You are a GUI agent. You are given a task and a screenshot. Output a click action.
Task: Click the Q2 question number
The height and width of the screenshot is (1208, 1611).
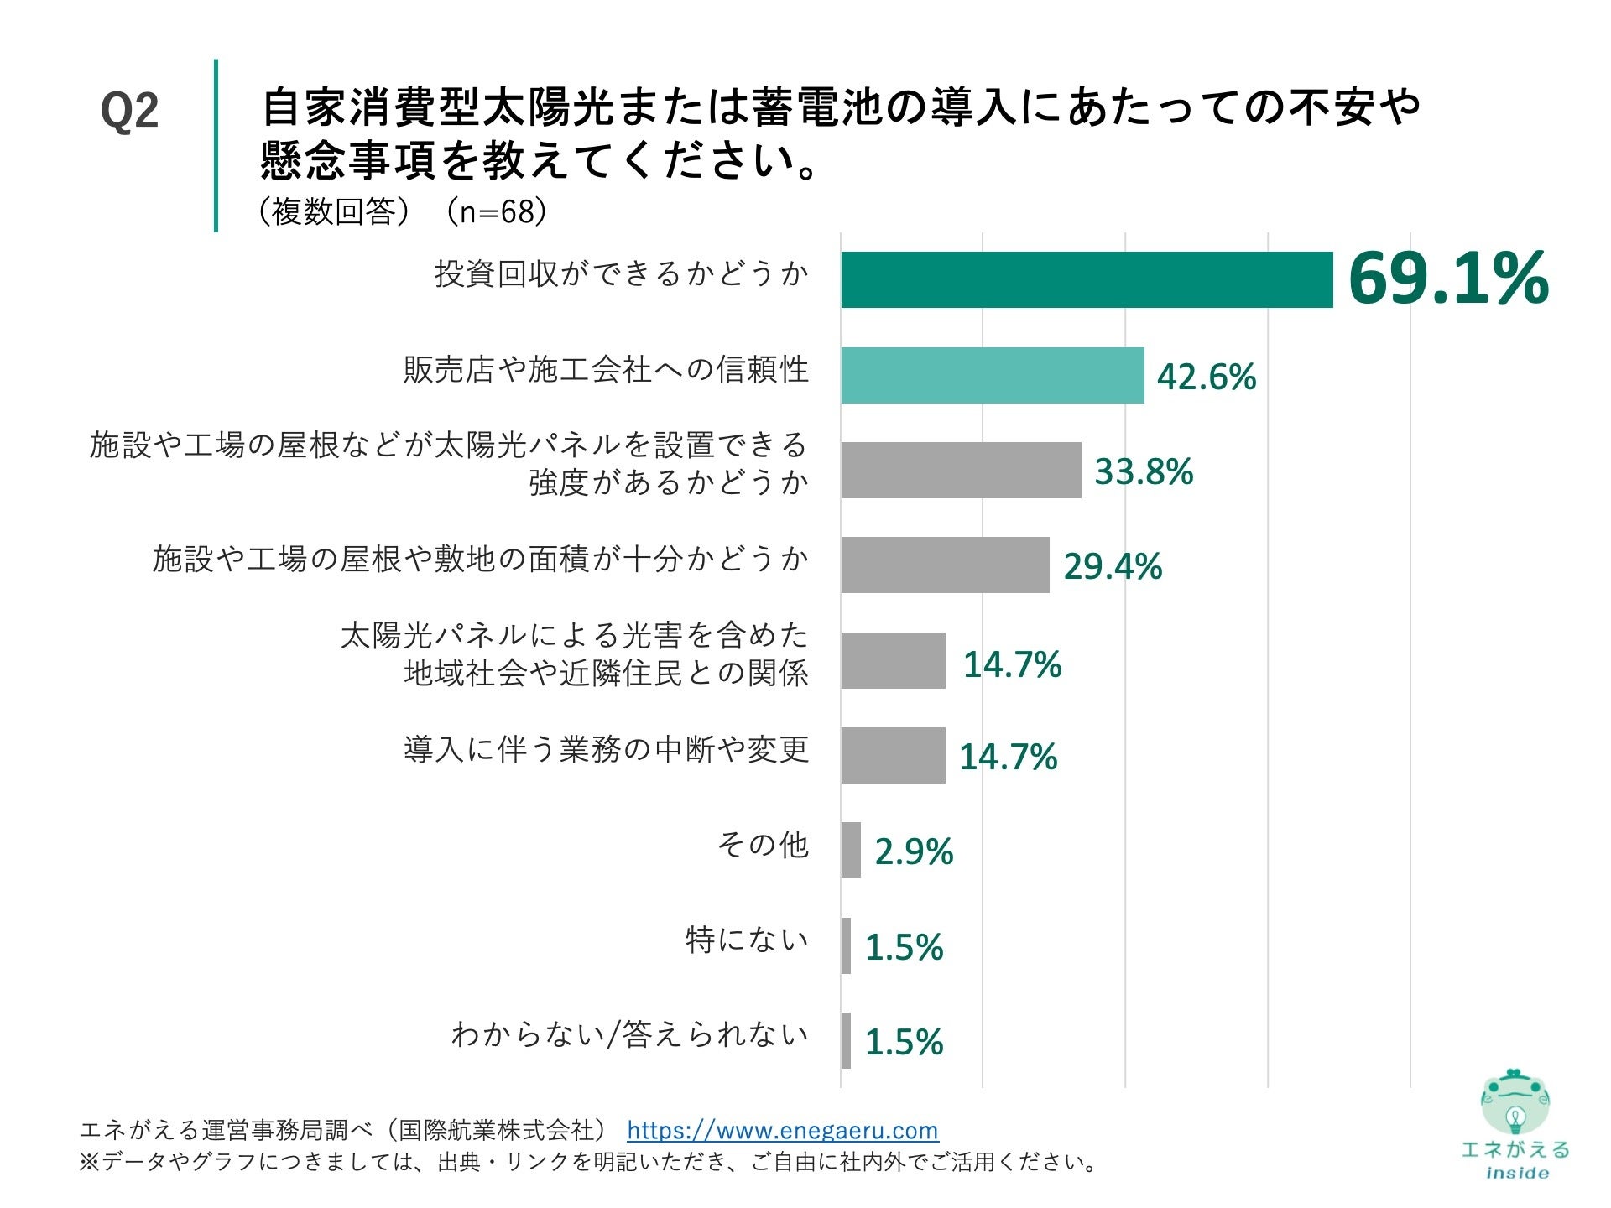click(129, 112)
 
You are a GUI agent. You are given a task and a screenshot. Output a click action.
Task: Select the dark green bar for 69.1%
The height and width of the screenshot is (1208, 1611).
click(1087, 279)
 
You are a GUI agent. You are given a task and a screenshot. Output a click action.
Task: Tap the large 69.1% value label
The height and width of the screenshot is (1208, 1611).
click(1447, 279)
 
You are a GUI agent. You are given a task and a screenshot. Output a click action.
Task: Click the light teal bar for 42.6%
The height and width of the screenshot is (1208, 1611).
click(992, 375)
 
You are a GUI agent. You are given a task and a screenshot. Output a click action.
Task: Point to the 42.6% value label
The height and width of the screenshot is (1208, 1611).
click(1206, 377)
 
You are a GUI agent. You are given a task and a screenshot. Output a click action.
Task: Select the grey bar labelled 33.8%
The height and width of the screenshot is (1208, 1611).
click(961, 470)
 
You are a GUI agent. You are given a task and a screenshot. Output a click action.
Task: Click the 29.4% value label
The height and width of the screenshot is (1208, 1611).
click(1113, 566)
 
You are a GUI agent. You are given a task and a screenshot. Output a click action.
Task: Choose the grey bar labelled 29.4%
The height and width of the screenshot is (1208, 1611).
click(945, 565)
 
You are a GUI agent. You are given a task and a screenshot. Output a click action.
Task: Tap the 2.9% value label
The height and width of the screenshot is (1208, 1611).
click(914, 851)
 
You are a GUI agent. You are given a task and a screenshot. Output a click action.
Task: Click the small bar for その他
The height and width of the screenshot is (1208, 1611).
click(851, 850)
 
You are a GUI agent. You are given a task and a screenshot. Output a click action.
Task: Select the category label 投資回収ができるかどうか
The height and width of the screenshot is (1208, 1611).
click(621, 273)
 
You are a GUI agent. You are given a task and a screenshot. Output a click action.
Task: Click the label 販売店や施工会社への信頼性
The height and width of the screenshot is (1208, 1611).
click(605, 369)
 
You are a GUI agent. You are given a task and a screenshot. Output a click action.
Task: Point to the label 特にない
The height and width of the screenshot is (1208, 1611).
click(746, 940)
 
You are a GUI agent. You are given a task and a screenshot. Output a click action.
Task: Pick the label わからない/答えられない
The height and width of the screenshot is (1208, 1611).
click(629, 1035)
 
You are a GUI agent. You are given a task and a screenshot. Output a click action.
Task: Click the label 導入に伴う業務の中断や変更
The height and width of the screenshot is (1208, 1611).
click(605, 749)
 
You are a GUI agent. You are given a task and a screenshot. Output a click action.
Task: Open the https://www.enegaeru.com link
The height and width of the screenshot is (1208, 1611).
click(782, 1130)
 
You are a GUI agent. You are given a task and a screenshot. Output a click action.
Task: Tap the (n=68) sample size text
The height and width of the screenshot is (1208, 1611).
click(496, 211)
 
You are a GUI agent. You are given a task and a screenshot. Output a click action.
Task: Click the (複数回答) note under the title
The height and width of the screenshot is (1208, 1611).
click(333, 211)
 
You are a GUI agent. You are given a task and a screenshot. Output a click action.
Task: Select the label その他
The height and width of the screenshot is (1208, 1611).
click(762, 845)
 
